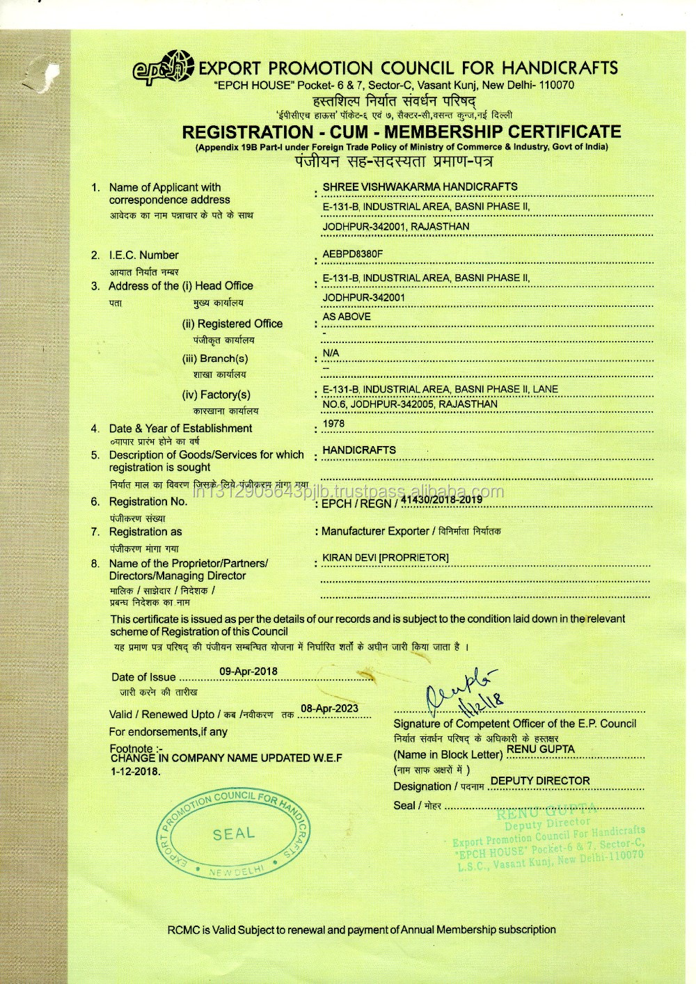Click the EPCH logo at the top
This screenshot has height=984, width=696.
click(x=163, y=68)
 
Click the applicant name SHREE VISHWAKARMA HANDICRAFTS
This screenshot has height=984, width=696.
click(x=420, y=187)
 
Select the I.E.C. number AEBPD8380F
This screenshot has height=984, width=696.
click(x=352, y=254)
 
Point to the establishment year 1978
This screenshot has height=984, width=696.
click(x=333, y=424)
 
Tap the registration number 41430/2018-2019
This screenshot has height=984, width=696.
click(x=441, y=499)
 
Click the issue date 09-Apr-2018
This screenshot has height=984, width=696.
click(x=248, y=672)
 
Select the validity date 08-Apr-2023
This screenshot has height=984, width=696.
click(x=329, y=708)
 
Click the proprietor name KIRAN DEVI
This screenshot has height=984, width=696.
click(x=386, y=558)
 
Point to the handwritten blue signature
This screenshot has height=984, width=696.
click(x=464, y=690)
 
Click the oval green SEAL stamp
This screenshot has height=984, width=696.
click(x=234, y=834)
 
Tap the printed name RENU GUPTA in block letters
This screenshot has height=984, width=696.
click(x=541, y=749)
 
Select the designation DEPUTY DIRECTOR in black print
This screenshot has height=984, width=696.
click(x=540, y=781)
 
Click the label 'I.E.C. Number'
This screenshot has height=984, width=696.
click(x=143, y=255)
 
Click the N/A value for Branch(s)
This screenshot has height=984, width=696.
click(x=331, y=354)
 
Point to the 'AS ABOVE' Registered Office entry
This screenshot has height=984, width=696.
click(x=347, y=317)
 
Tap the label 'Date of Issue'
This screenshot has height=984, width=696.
click(x=143, y=677)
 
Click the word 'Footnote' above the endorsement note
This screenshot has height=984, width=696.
click(x=131, y=749)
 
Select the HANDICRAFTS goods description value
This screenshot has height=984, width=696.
click(x=359, y=450)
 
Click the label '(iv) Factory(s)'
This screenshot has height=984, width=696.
click(x=216, y=395)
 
